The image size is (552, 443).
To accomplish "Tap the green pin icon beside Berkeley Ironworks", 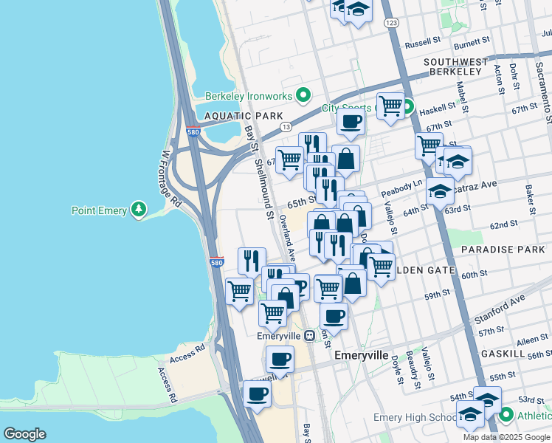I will tap(302, 95).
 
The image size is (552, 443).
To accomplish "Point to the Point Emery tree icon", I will tap(138, 211).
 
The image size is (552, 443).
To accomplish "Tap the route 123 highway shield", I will tap(391, 24).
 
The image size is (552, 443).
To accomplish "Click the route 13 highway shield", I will tap(285, 128).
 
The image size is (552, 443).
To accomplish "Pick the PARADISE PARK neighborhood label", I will tap(497, 250).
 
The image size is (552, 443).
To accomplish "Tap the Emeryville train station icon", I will tap(310, 335).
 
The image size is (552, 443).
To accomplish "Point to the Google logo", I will tap(24, 433).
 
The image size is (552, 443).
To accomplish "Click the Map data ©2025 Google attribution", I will tap(507, 437).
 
